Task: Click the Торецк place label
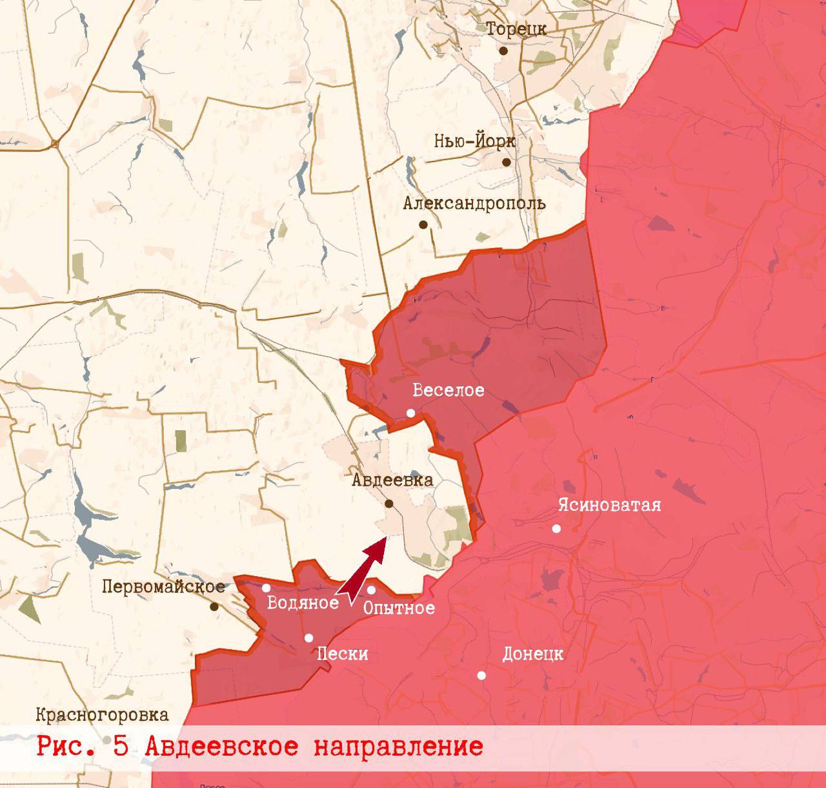pyautogui.click(x=516, y=30)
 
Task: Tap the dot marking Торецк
pyautogui.click(x=503, y=50)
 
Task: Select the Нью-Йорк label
pyautogui.click(x=474, y=141)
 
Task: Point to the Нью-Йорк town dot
pyautogui.click(x=507, y=162)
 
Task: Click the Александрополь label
pyautogui.click(x=474, y=203)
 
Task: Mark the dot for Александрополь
pyautogui.click(x=423, y=225)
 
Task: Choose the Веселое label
pyautogui.click(x=448, y=390)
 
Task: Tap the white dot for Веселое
pyautogui.click(x=410, y=413)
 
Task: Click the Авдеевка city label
pyautogui.click(x=392, y=481)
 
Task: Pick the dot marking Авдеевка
pyautogui.click(x=389, y=503)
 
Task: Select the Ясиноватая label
pyautogui.click(x=610, y=504)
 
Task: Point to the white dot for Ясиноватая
pyautogui.click(x=556, y=528)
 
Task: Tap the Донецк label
pyautogui.click(x=533, y=654)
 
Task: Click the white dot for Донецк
pyautogui.click(x=481, y=676)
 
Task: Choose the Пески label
pyautogui.click(x=343, y=654)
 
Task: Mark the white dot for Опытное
pyautogui.click(x=371, y=590)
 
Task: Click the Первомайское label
pyautogui.click(x=164, y=586)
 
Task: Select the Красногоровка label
pyautogui.click(x=102, y=715)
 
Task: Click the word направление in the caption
pyautogui.click(x=399, y=746)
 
